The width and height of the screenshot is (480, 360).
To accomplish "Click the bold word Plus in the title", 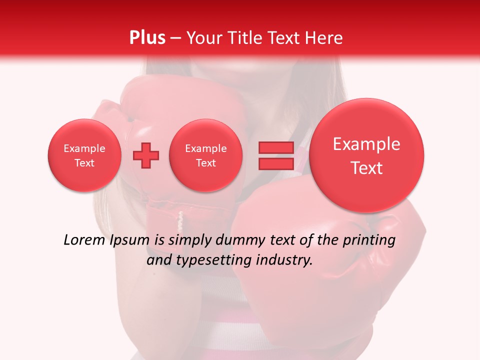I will tap(147, 37).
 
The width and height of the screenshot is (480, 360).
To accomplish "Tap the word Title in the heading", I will tap(247, 37).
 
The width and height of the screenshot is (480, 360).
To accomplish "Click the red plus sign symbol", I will tap(146, 156).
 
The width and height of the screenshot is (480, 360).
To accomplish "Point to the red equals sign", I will tap(275, 155).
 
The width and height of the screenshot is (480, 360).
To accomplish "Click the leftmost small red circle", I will tap(84, 155).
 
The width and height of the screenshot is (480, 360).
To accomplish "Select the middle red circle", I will tap(206, 155).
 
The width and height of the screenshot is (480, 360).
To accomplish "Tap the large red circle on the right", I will tap(366, 155).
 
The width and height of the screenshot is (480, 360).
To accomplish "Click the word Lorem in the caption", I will tap(84, 240).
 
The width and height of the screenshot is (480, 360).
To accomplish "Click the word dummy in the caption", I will tap(239, 241).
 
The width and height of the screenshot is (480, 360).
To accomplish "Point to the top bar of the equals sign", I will tap(275, 147).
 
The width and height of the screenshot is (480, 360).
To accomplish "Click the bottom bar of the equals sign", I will tap(275, 163).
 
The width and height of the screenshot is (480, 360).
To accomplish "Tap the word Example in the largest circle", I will tap(366, 144).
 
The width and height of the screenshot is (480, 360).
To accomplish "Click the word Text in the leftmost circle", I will tap(84, 163).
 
